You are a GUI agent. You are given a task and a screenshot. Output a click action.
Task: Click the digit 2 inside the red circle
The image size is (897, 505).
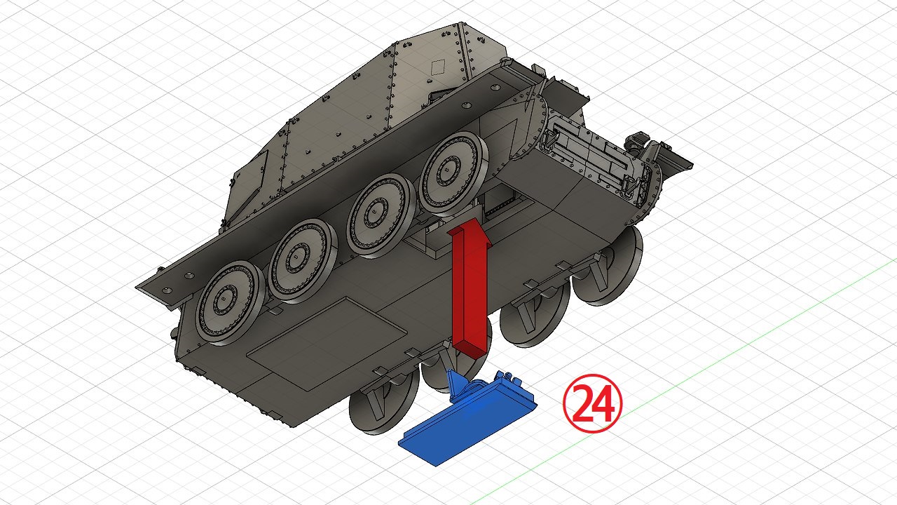pyautogui.click(x=582, y=403)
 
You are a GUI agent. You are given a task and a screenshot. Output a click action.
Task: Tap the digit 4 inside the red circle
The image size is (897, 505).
pyautogui.click(x=603, y=404)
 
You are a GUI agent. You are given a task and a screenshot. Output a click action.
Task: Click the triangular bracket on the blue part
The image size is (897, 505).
pyautogui.click(x=456, y=384)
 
